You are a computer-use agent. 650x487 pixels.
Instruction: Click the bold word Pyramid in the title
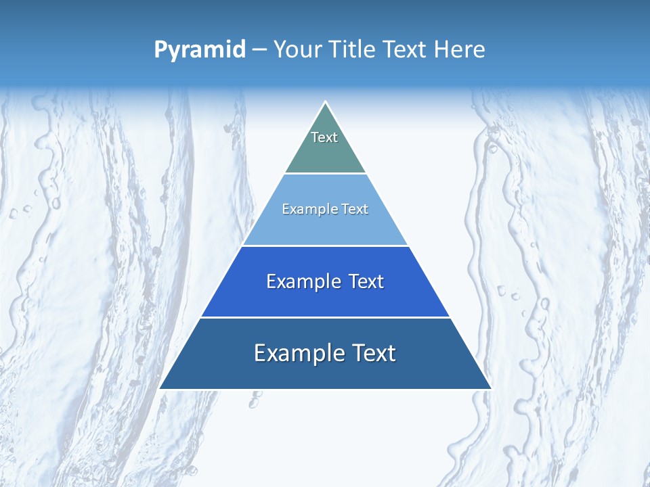tap(200, 50)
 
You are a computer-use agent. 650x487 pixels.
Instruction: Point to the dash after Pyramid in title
tap(259, 50)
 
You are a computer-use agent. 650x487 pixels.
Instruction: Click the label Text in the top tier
tap(324, 137)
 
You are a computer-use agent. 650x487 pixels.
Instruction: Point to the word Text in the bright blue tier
tap(367, 281)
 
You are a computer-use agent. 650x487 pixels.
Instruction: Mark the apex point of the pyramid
tap(326, 102)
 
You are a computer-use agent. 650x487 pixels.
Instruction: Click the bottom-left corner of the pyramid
tap(160, 388)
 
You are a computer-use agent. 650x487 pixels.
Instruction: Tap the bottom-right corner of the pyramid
tap(491, 388)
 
